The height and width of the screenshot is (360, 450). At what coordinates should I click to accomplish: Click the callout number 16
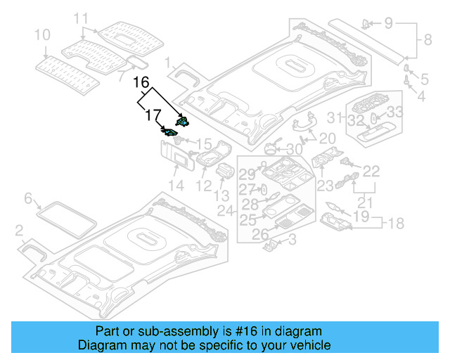point(141,82)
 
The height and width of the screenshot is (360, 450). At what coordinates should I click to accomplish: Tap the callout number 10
point(42,34)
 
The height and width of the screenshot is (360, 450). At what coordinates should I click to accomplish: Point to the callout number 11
point(82,18)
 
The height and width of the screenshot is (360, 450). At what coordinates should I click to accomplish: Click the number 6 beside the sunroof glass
point(28,199)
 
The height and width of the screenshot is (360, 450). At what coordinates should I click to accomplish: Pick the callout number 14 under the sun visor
point(175,186)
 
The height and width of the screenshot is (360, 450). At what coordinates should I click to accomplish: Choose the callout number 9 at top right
point(389,24)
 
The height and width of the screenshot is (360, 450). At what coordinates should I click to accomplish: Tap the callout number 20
point(327,139)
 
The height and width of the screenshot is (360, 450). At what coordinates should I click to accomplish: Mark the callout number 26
point(259,235)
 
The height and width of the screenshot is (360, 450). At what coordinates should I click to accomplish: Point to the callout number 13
point(221,195)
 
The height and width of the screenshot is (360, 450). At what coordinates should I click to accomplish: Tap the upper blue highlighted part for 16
point(182,122)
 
